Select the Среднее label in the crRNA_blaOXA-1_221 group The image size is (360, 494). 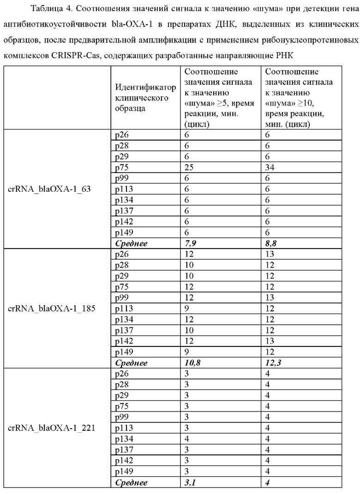click(x=131, y=482)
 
